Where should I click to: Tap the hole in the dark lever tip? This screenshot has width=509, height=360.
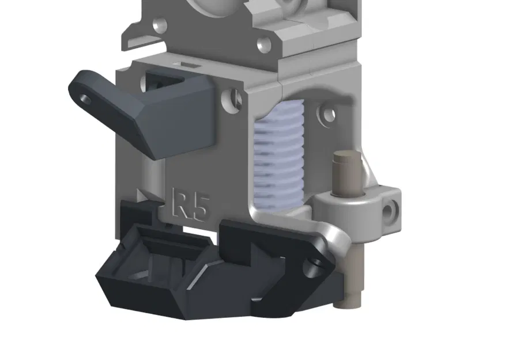[x=85, y=99]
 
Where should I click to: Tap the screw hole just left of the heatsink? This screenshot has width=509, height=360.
[x=235, y=97]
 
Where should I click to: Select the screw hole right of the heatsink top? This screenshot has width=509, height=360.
[x=329, y=114]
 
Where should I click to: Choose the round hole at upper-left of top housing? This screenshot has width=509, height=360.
[x=160, y=25]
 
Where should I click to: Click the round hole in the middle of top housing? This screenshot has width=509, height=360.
[x=263, y=43]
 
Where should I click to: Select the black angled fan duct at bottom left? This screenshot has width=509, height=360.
[x=153, y=271]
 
